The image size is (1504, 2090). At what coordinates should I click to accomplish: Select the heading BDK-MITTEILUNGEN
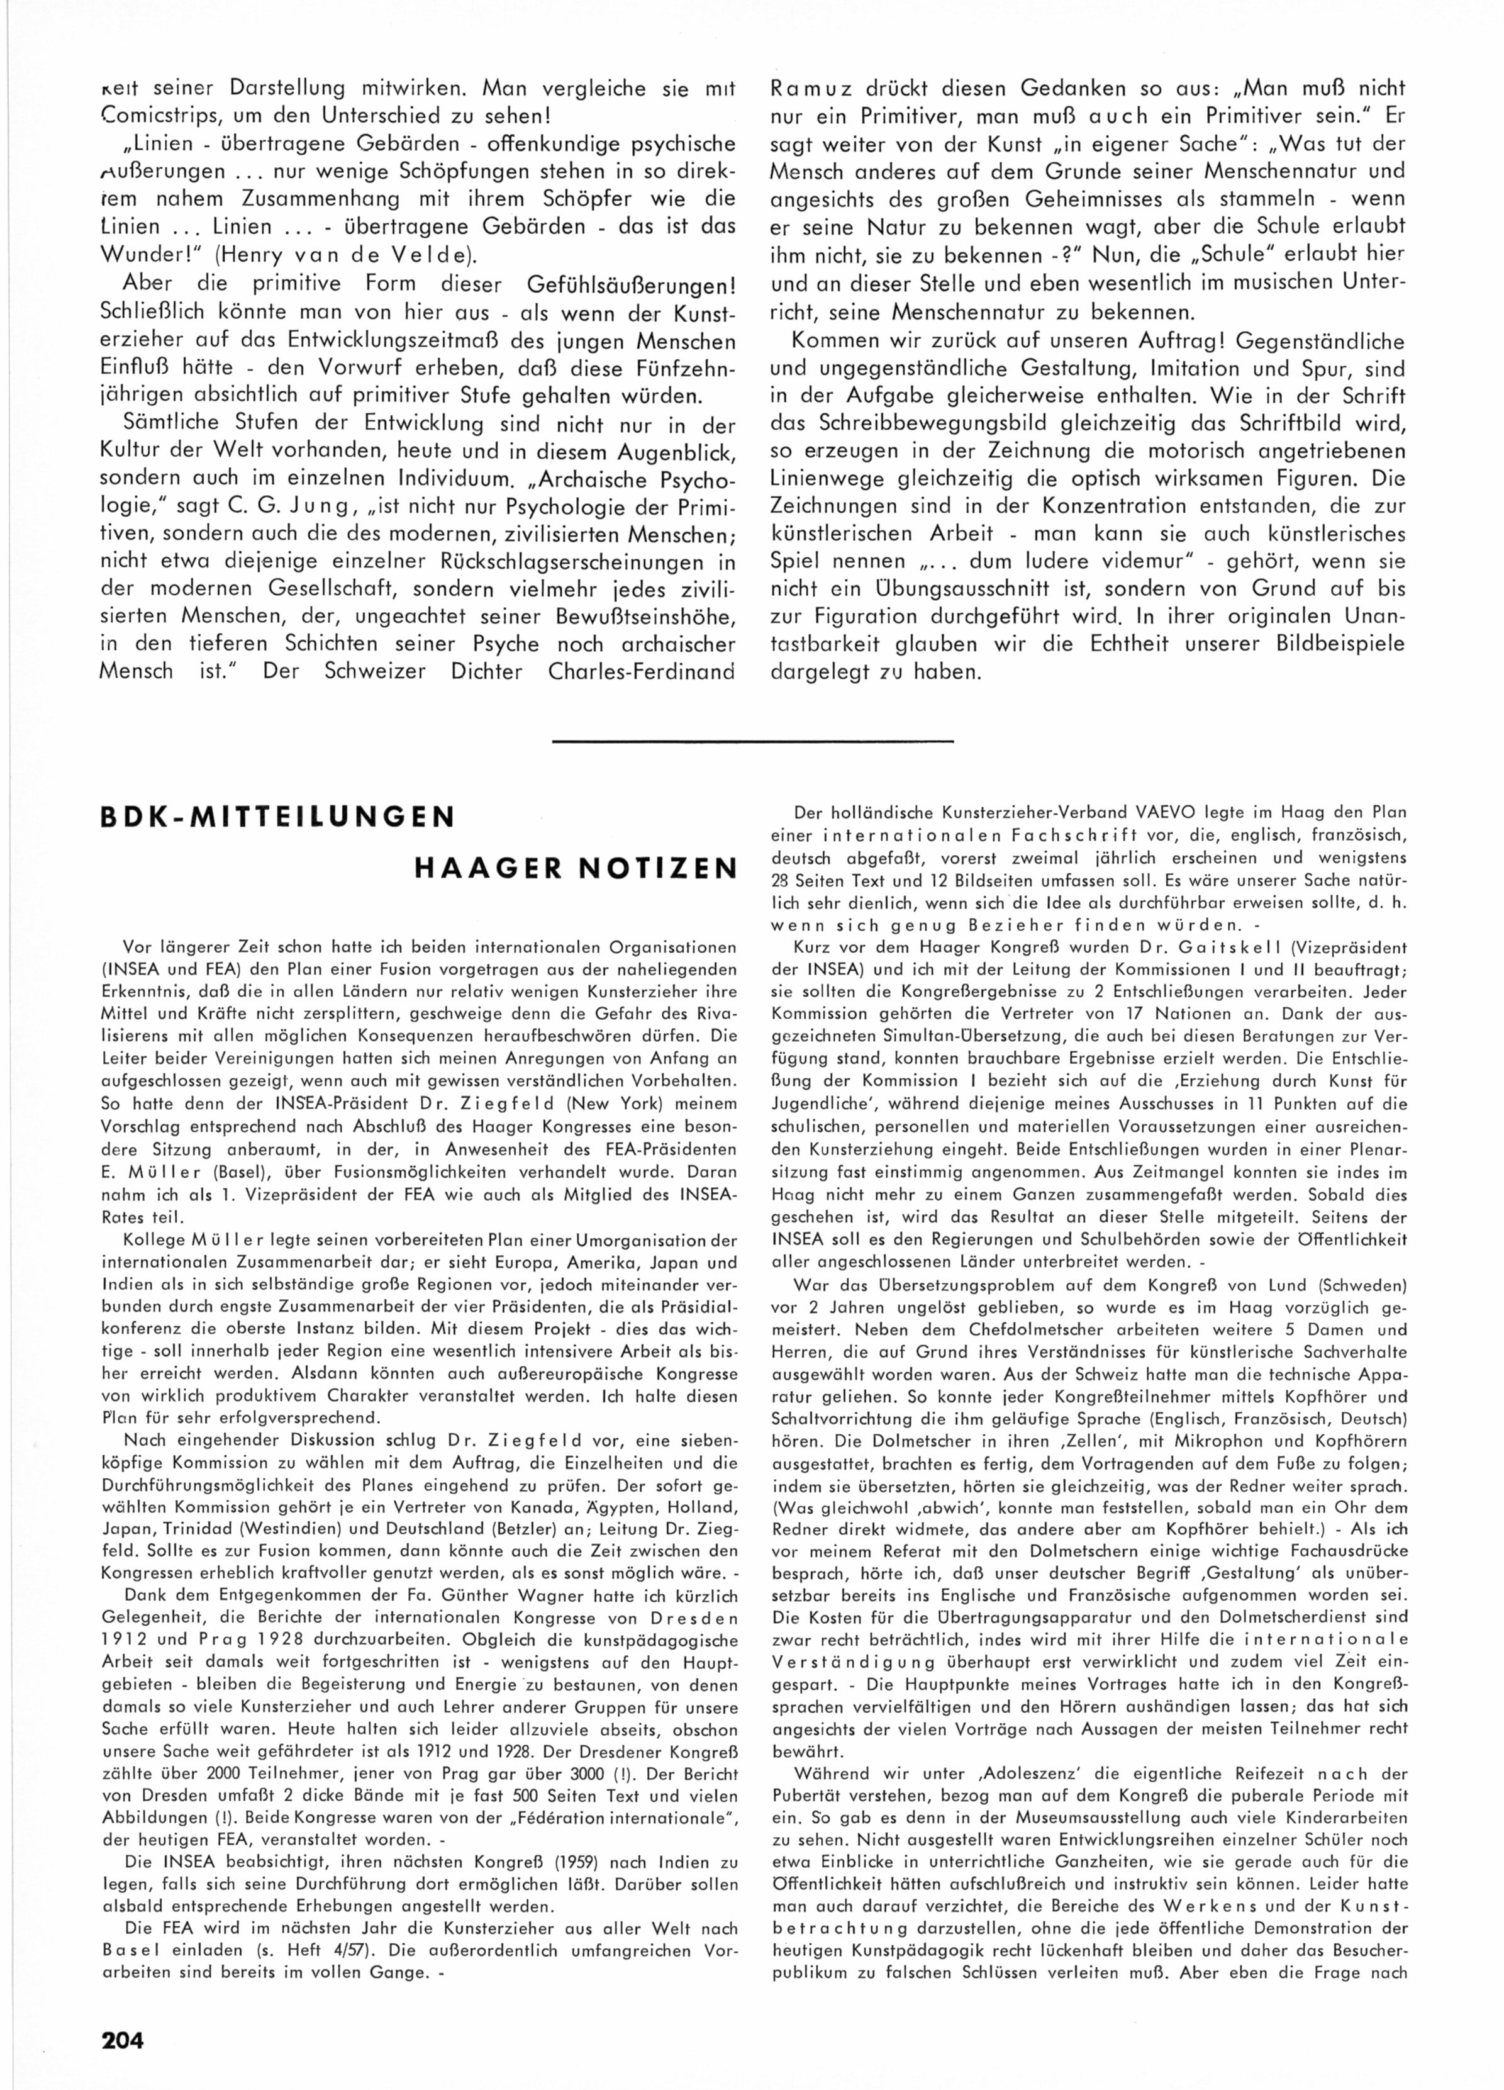tap(277, 817)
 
